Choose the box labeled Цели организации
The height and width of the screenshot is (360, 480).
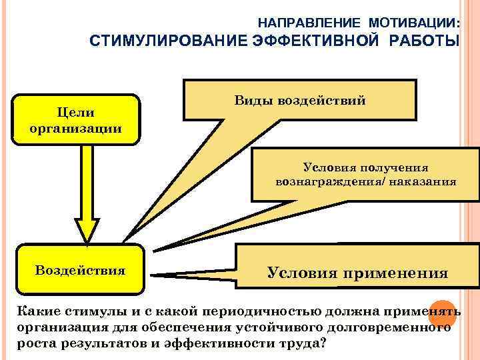point(76,120)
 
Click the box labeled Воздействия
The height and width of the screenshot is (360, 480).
point(80,271)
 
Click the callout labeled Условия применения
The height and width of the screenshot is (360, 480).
point(357,273)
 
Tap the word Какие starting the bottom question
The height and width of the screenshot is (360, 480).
point(37,312)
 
